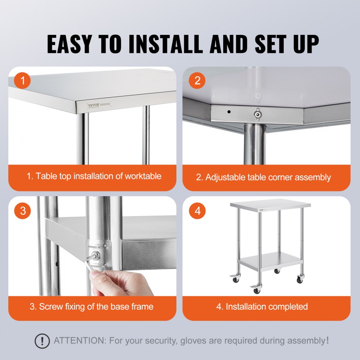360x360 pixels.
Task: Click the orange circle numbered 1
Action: coord(23,81)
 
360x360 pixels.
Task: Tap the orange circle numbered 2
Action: coord(197,81)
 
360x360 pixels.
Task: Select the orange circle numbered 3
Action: coord(23,211)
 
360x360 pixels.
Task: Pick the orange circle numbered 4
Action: coord(197,211)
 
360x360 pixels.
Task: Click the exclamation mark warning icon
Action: coord(42,340)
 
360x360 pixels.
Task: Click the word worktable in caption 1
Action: coord(143,176)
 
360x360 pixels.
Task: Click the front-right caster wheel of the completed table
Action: coord(300,279)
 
